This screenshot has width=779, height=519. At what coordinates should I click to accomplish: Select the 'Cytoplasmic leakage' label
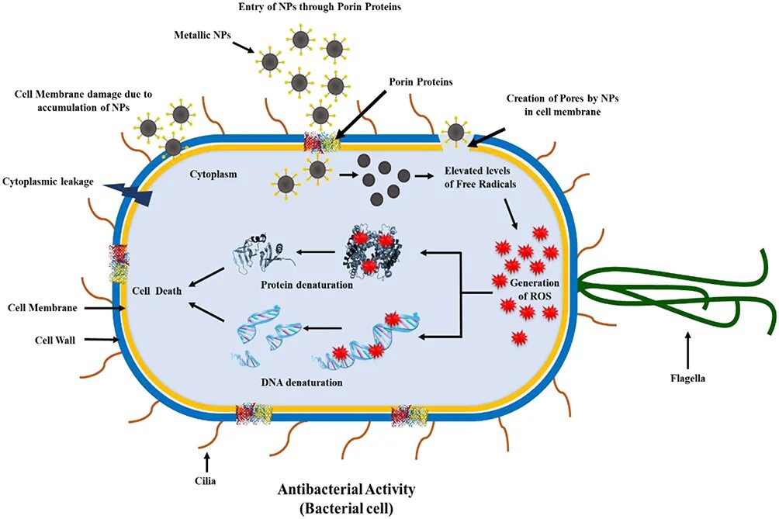(47, 182)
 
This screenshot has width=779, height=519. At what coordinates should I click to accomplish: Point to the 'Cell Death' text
(157, 291)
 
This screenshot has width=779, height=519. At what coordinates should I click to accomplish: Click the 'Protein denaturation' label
(307, 285)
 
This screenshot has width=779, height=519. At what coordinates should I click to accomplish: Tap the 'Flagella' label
(688, 379)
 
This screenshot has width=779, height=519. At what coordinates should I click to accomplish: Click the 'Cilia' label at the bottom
(206, 481)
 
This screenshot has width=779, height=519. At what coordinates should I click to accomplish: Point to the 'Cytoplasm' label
(213, 175)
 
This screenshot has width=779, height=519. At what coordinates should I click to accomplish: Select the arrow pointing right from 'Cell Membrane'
(105, 308)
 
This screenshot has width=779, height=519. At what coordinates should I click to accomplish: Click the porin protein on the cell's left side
(118, 264)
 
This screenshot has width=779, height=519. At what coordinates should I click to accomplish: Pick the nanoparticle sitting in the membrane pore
(456, 132)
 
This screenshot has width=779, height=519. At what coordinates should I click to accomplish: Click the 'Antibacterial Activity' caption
(347, 490)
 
